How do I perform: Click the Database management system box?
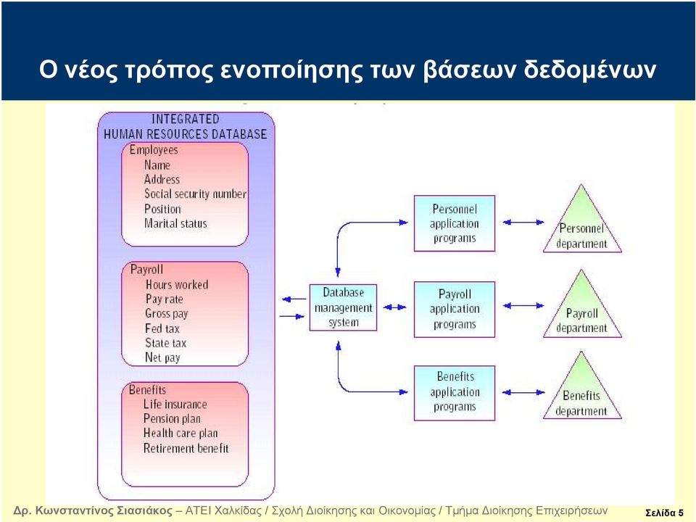(x=343, y=307)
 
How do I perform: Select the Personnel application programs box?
(x=455, y=223)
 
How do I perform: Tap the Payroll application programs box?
(x=455, y=310)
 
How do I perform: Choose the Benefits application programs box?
(x=455, y=393)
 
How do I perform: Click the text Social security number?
(x=195, y=194)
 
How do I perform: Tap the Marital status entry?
(x=175, y=223)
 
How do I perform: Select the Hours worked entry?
(x=177, y=284)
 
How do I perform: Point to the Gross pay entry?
(x=167, y=313)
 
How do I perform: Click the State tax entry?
(x=165, y=343)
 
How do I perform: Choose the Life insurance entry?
(x=175, y=404)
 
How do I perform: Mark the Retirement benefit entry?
(x=186, y=448)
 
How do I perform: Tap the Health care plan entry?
(x=181, y=433)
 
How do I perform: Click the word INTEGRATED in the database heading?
(x=186, y=119)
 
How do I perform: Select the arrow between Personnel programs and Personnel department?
(x=523, y=222)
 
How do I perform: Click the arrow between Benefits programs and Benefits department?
(x=523, y=392)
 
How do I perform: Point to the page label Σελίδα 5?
(x=665, y=513)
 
